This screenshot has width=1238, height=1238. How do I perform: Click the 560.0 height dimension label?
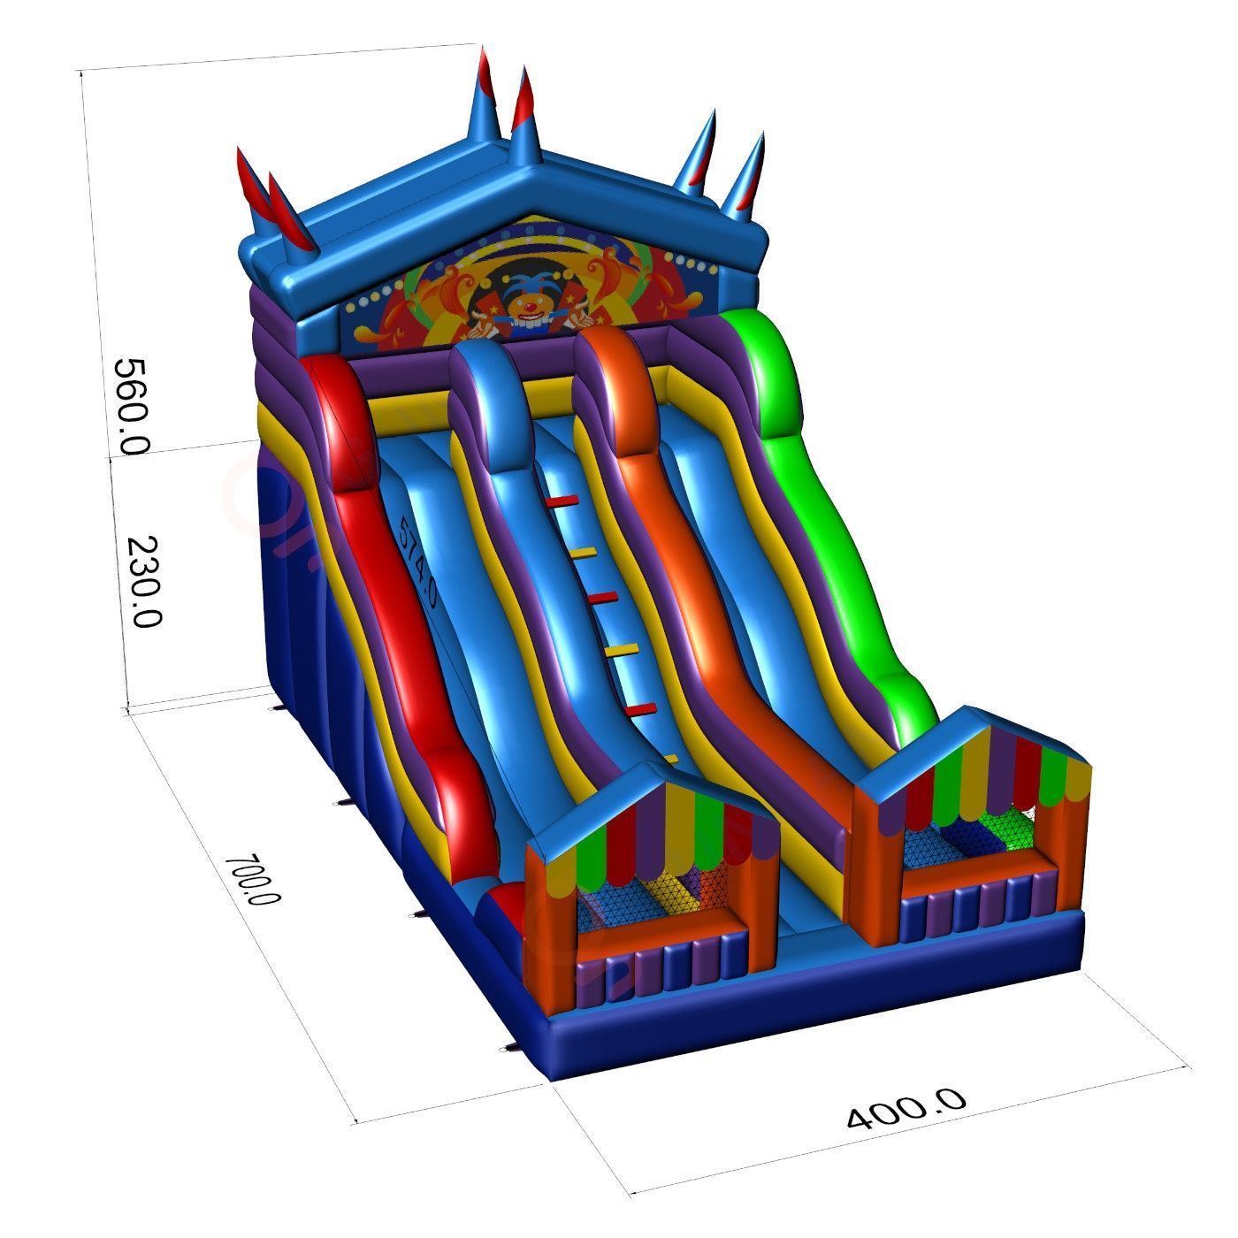point(132,406)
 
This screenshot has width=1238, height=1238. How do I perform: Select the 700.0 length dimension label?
point(252,879)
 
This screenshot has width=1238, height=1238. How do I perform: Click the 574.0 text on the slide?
point(417,560)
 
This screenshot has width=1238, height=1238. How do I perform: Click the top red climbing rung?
point(562,501)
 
